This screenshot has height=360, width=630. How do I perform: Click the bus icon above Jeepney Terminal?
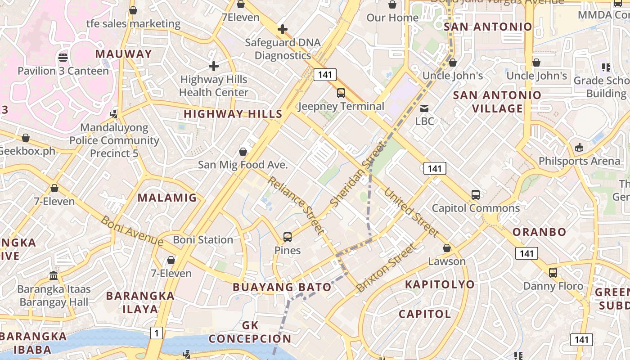[x=341, y=93]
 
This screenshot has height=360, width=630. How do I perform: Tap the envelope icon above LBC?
[x=424, y=108]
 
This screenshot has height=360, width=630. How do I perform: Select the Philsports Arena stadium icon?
[x=579, y=147]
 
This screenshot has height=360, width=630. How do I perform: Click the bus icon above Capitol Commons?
[x=476, y=195]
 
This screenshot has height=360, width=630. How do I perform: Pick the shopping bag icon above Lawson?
[x=447, y=248]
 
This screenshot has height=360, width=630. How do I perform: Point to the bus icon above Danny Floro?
[x=553, y=272]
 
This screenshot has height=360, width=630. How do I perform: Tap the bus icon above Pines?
[x=288, y=237]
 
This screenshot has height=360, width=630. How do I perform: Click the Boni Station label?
[x=203, y=240]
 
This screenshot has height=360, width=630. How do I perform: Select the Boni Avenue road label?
[x=132, y=231]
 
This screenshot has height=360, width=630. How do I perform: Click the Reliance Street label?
[x=296, y=205]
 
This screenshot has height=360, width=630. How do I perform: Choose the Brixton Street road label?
[x=387, y=268]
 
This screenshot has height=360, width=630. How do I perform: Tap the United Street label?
[x=411, y=212]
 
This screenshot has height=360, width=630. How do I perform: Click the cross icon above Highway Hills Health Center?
[x=214, y=67]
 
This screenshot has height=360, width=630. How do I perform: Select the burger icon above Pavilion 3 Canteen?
[x=63, y=58]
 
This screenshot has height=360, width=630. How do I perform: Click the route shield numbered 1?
[x=156, y=333]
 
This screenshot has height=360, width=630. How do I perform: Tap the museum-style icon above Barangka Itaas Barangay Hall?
[x=54, y=275]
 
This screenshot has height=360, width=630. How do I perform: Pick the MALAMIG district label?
[x=167, y=198]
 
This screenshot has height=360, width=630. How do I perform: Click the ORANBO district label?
[x=540, y=232]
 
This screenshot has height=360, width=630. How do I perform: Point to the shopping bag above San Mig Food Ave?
[x=243, y=152]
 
